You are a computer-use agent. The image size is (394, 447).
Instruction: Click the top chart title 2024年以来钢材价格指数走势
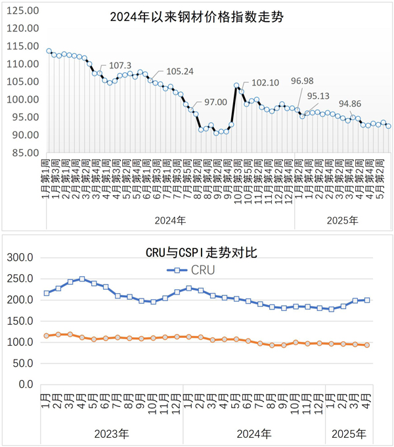[196, 18]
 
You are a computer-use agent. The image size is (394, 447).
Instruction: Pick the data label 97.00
[215, 102]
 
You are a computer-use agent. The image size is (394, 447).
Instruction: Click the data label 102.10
[265, 83]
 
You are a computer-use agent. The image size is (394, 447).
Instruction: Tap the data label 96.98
[301, 81]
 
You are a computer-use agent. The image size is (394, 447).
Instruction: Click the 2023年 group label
[111, 434]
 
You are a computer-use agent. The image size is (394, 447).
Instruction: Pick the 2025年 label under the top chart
[342, 220]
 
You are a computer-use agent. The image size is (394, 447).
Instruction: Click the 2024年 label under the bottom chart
[253, 434]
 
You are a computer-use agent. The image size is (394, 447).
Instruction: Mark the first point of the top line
[49, 51]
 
